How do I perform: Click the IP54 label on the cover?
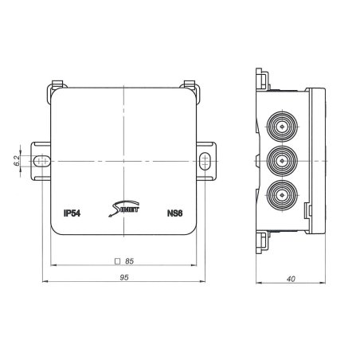[72, 213]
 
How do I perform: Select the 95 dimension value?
[124, 279]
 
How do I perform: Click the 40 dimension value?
[291, 279]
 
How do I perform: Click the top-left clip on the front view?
[57, 84]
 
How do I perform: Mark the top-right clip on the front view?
[190, 84]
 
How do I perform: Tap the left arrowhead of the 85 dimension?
[53, 265]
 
